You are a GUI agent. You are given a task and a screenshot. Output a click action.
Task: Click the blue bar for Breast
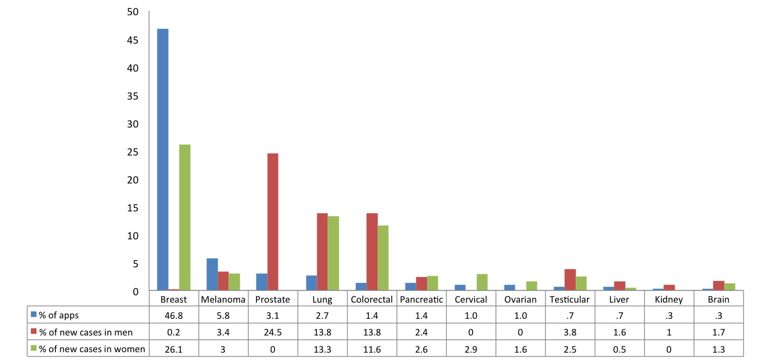point(162,159)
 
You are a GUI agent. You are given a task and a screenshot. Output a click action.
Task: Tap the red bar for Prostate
point(273,222)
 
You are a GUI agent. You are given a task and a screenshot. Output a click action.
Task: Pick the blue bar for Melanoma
point(212,274)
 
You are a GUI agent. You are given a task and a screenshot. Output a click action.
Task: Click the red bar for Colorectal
point(372,252)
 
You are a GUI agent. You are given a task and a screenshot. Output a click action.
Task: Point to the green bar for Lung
point(333,253)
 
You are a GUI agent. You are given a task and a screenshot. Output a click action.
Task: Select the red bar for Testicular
point(570,280)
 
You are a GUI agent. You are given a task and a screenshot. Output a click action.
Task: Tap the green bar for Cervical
point(482,282)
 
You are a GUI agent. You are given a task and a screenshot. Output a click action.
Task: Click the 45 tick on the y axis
point(132,40)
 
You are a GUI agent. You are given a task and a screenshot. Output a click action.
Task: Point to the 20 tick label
point(132,180)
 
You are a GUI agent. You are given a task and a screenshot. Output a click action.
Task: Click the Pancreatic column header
point(421,299)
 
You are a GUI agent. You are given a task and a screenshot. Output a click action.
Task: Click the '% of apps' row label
point(58,315)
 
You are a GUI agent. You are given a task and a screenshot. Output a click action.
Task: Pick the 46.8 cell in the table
point(174,315)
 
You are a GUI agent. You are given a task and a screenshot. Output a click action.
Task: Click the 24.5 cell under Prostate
point(273,333)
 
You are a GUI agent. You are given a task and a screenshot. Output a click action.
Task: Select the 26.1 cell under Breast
point(174,349)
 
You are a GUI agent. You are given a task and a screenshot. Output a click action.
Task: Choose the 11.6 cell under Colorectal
point(372,349)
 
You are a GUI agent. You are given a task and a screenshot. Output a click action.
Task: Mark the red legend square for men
point(34,332)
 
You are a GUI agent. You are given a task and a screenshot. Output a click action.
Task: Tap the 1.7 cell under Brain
point(718,333)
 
